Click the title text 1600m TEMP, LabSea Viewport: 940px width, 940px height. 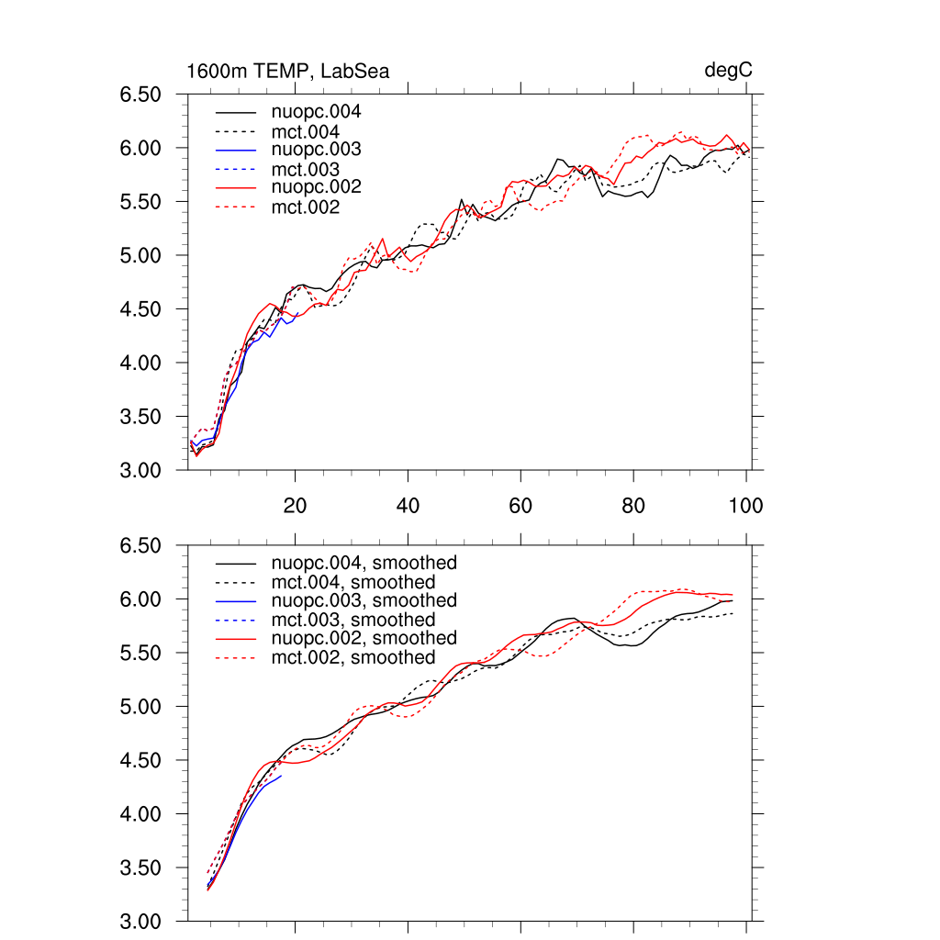pos(288,72)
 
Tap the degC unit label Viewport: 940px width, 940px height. pos(729,71)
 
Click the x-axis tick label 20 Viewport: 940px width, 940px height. pos(295,505)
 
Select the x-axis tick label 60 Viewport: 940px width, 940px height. pos(520,505)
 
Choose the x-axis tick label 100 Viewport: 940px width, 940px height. pos(745,505)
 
